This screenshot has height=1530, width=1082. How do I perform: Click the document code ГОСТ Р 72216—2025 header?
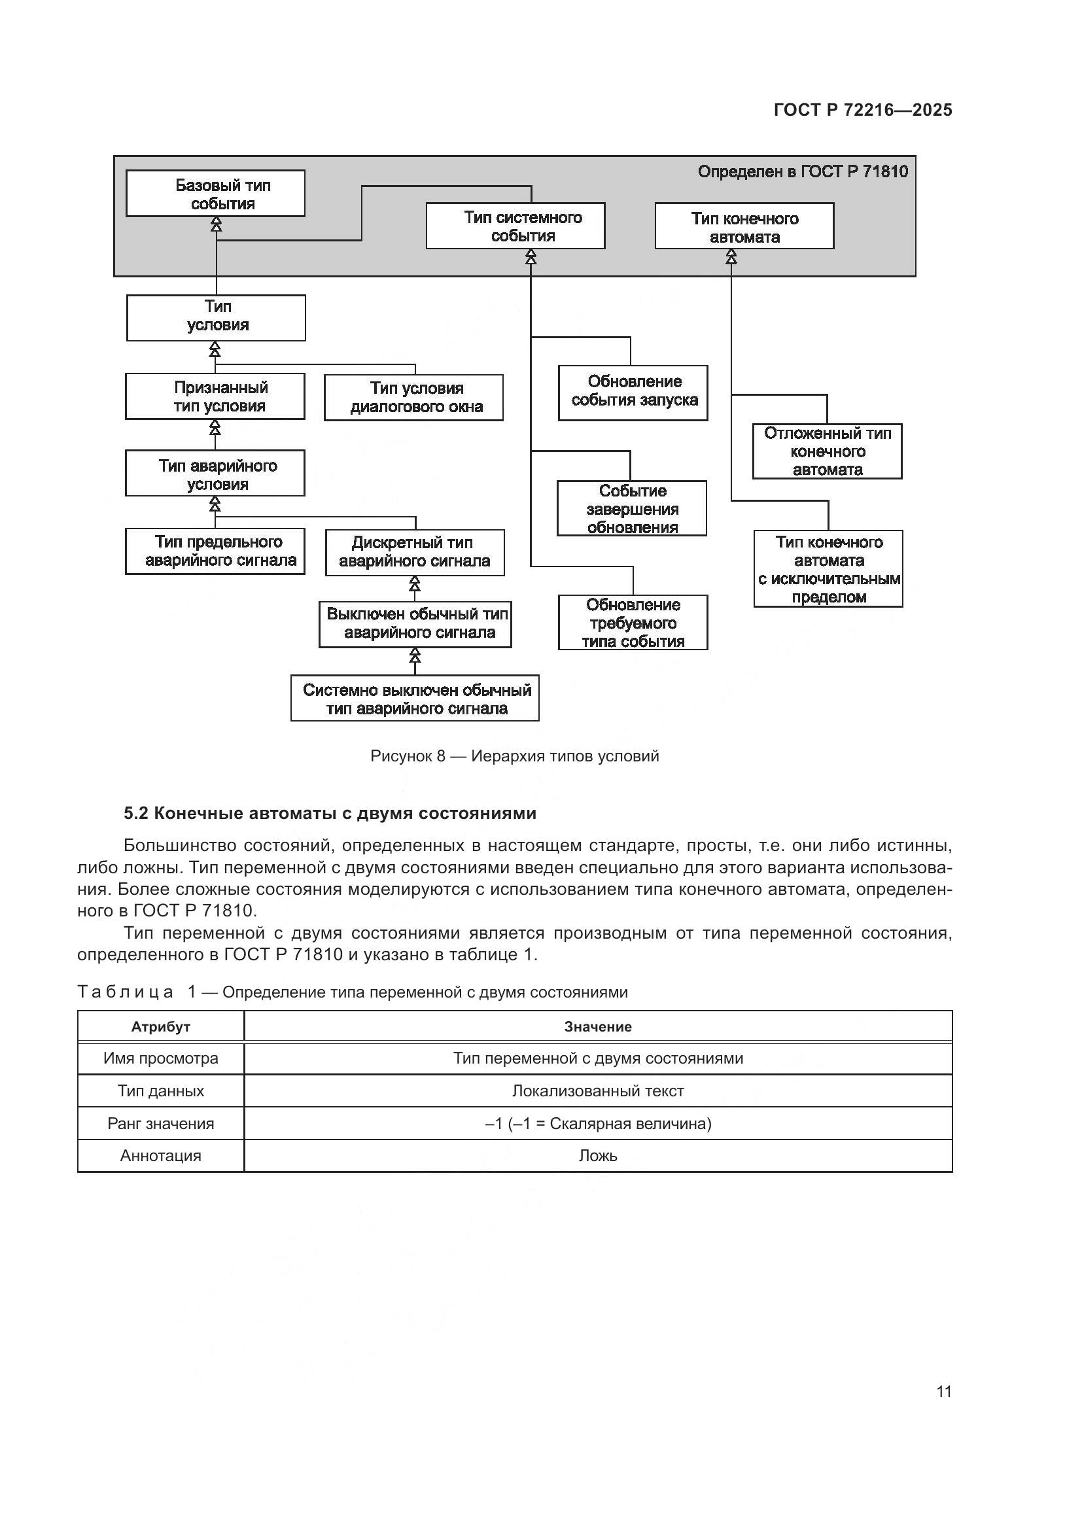862,110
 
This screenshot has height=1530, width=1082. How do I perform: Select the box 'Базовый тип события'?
215,194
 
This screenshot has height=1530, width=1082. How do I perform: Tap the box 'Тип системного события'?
515,226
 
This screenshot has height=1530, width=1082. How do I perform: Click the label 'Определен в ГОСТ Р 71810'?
802,172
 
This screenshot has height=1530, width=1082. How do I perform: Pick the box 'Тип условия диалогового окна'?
413,397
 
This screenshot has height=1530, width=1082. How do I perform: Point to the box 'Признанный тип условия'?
215,396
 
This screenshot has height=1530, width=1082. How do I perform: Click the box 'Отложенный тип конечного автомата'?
827,451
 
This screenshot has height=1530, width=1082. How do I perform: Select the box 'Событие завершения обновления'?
632,509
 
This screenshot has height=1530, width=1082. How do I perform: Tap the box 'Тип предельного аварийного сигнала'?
215,551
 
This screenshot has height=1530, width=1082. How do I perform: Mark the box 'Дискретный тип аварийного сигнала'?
414,553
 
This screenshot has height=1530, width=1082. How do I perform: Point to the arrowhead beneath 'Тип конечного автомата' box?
731,256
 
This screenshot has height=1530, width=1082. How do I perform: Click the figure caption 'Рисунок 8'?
514,756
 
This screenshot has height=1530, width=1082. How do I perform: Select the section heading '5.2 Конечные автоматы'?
330,814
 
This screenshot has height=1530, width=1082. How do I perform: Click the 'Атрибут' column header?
160,1027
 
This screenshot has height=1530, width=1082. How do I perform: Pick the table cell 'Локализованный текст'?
598,1091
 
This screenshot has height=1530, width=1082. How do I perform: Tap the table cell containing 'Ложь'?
598,1155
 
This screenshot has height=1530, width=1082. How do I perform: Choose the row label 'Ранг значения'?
160,1124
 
